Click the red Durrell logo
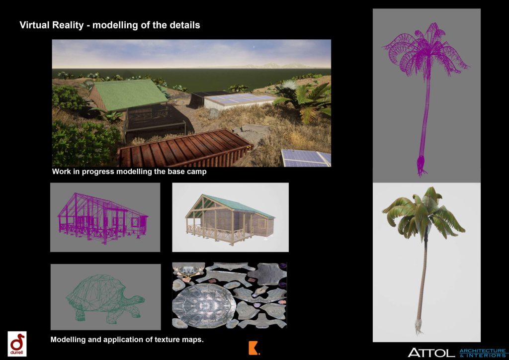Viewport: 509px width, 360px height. coord(17,344)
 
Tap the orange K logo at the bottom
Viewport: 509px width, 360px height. coord(254,348)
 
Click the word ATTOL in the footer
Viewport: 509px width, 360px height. coord(431,353)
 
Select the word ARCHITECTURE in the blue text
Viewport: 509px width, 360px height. coord(483,351)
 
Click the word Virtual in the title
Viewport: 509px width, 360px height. coord(35,25)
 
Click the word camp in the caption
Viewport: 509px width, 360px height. coord(196,172)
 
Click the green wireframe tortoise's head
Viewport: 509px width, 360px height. coord(138,299)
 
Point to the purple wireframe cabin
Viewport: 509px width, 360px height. coord(103,218)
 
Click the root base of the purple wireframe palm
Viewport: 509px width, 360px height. coord(422,166)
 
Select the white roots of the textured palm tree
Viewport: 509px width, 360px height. coord(418,326)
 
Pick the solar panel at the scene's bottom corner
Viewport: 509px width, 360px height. coord(306,158)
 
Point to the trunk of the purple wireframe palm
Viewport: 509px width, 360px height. coord(425,117)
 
